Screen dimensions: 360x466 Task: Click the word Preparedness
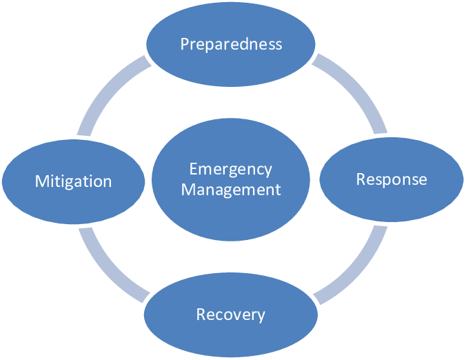[x=231, y=44]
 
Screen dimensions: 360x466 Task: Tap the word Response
[x=392, y=180]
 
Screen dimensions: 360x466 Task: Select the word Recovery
[x=230, y=315]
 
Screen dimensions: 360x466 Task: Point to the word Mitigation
[x=73, y=182]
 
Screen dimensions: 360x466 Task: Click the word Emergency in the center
[x=230, y=170]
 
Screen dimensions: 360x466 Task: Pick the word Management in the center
[x=231, y=190]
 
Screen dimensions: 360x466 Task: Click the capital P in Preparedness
[x=185, y=44]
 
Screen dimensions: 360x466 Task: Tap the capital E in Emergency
[x=193, y=170]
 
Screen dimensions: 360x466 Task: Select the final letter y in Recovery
[x=261, y=317]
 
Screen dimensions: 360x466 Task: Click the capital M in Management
[x=187, y=190]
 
